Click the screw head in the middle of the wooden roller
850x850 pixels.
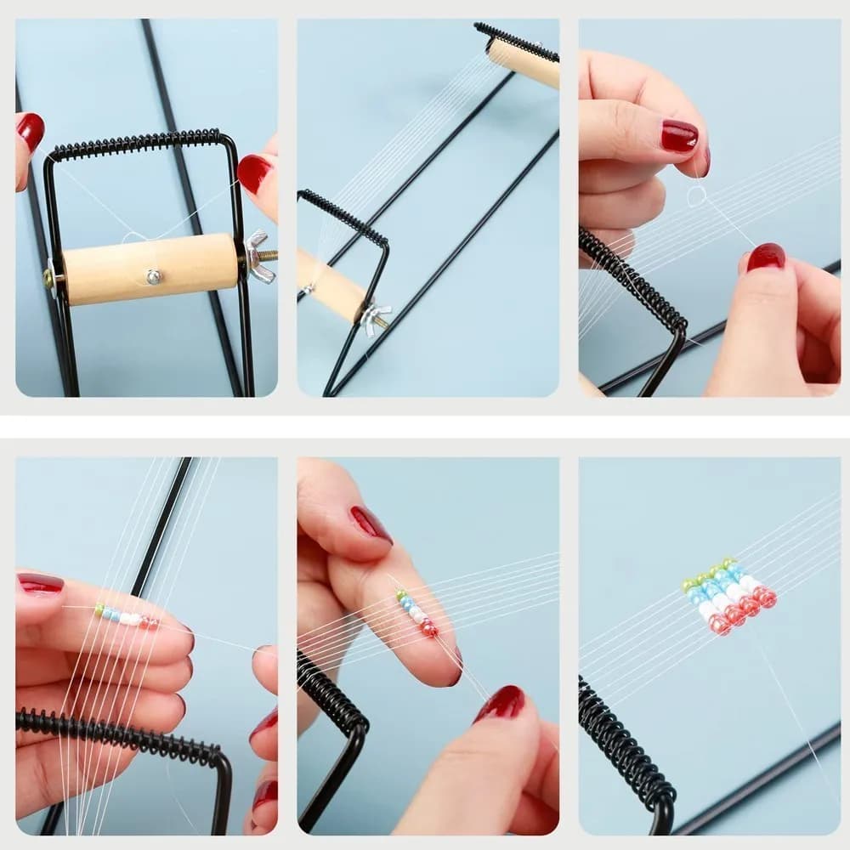(x=153, y=275)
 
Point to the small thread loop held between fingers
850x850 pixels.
(x=696, y=196)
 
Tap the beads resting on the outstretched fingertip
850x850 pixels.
(x=416, y=614)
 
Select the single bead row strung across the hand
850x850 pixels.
(x=126, y=616)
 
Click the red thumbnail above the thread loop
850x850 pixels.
(x=679, y=136)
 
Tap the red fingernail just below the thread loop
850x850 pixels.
(x=766, y=257)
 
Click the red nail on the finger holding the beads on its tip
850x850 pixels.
(x=371, y=524)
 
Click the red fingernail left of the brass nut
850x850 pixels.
(x=31, y=131)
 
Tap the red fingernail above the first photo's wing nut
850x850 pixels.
(x=253, y=173)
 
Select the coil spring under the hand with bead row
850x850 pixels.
(x=119, y=735)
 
